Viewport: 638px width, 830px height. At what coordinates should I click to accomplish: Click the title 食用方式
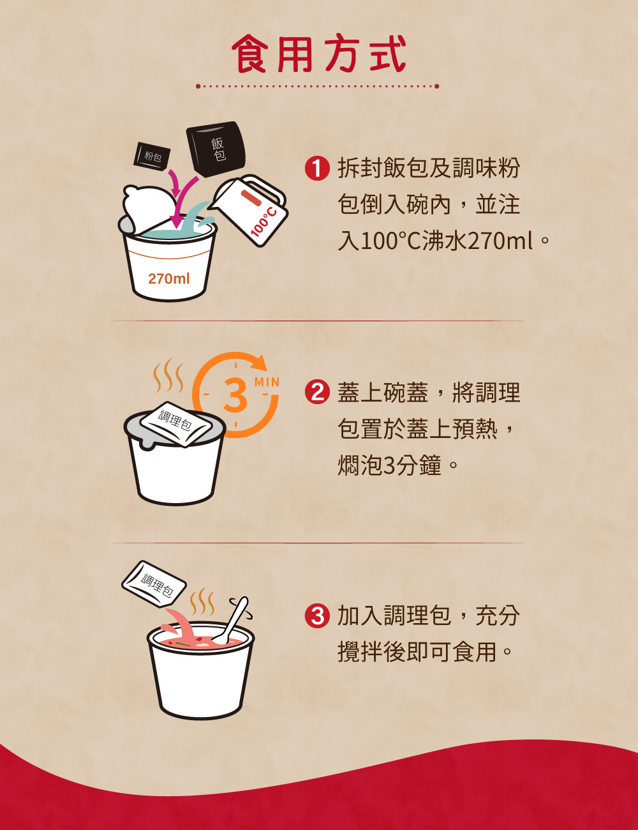point(319,54)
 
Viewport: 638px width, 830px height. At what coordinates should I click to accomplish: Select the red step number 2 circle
point(317,392)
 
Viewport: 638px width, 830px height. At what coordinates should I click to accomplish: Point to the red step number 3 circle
point(317,616)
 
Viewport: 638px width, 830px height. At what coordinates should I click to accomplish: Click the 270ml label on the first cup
point(168,278)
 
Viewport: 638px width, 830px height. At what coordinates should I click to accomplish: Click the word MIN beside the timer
point(267,382)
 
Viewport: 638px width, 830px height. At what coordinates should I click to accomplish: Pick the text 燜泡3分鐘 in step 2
point(389,465)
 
